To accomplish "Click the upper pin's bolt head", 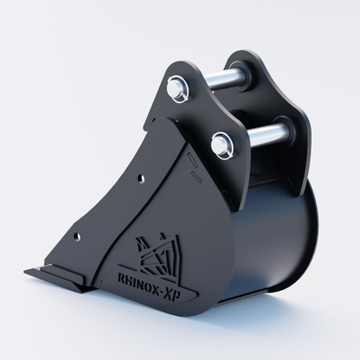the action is point(176,87).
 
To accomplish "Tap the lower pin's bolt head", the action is point(222,145).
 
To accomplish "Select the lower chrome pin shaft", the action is point(267,132).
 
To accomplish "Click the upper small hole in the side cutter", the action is point(141,179).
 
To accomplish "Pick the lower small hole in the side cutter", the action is point(77,237).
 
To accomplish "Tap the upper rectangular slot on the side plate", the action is point(192,160).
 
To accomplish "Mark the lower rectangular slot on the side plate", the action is point(196,177).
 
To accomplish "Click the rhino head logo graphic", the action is point(158,254).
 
